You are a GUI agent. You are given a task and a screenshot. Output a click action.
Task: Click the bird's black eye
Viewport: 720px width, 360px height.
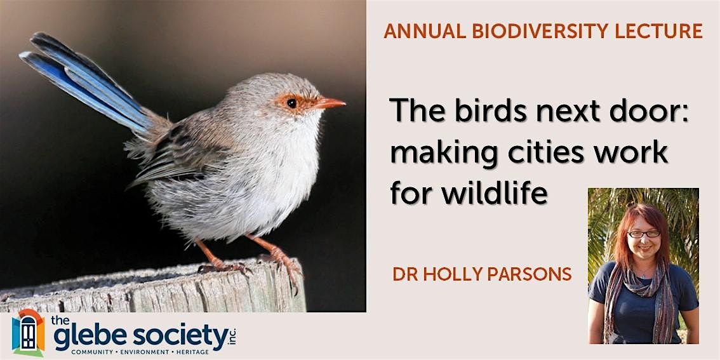[291, 103]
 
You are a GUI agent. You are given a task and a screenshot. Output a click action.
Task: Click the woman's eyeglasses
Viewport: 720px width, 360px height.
[644, 234]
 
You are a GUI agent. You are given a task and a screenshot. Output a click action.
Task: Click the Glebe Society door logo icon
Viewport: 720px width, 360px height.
[28, 333]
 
